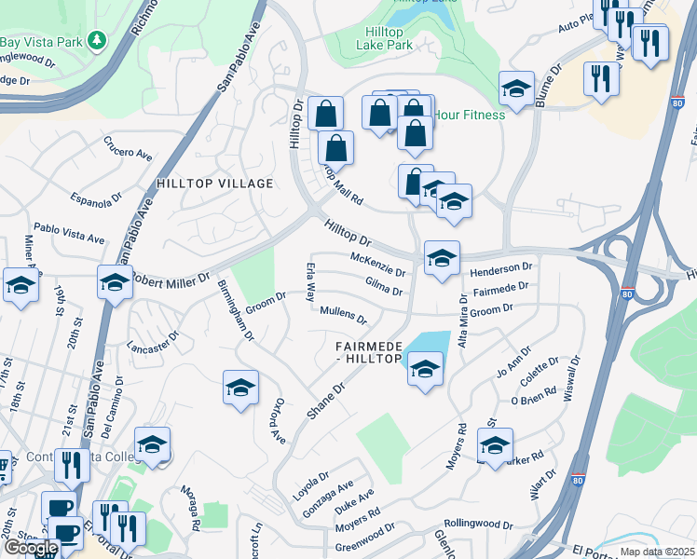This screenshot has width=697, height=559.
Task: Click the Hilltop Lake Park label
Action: [x=388, y=37]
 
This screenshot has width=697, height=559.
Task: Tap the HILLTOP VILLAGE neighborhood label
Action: [x=214, y=184]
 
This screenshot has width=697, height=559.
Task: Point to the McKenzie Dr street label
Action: [x=377, y=265]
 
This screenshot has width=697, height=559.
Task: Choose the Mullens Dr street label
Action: [x=343, y=315]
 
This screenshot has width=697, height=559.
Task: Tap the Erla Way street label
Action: [x=311, y=283]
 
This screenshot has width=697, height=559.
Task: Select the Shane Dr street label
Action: [x=333, y=398]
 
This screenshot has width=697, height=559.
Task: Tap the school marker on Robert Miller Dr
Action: [x=114, y=282]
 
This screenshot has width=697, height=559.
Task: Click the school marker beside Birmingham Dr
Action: [x=240, y=387]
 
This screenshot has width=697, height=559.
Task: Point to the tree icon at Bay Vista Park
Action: [x=96, y=41]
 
